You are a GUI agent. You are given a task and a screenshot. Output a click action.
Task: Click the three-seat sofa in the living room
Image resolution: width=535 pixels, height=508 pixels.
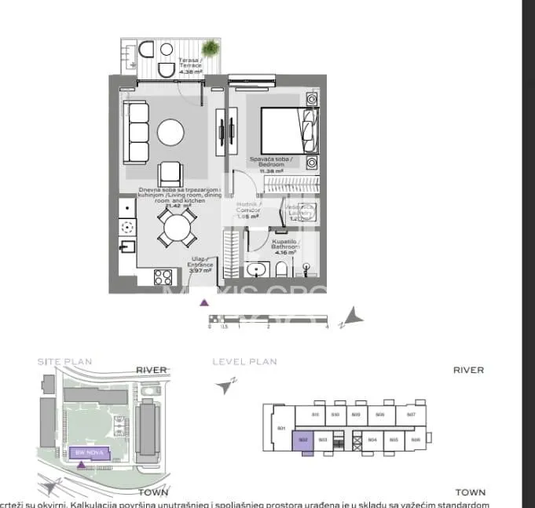(138, 132)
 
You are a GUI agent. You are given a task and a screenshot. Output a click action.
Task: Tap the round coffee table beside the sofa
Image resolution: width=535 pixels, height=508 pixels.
(170, 132)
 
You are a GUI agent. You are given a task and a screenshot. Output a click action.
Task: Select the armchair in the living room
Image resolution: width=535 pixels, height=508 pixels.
(170, 173)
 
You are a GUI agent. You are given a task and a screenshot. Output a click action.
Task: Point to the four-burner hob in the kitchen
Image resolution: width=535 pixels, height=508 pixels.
(163, 276)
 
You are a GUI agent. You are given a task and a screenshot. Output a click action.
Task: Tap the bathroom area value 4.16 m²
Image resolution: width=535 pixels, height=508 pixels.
(284, 252)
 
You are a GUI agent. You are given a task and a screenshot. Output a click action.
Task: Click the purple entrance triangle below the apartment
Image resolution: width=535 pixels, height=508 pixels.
(204, 302)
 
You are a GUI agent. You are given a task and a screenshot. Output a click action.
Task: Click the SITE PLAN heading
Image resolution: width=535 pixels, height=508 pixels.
(65, 362)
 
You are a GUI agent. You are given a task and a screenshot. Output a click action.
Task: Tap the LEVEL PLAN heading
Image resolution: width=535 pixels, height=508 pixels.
(244, 362)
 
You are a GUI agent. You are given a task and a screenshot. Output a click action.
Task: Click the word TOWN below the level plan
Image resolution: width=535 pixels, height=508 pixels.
(469, 492)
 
